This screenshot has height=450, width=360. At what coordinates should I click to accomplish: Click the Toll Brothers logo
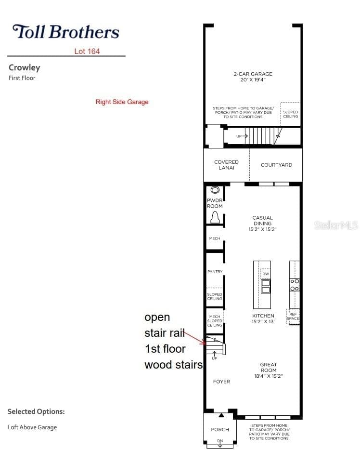[65, 32]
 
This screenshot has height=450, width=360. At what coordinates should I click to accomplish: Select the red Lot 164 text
[87, 52]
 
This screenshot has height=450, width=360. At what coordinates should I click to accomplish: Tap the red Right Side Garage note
[122, 102]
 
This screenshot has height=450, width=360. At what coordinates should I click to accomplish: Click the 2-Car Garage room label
[253, 74]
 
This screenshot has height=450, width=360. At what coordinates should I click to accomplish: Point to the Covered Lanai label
[226, 165]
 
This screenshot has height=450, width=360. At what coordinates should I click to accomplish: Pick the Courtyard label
[277, 165]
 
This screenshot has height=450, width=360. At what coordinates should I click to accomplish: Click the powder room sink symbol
[215, 190]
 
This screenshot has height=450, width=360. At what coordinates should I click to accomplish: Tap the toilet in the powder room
[215, 217]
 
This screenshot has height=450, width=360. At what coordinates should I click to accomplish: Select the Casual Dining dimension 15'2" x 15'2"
[263, 229]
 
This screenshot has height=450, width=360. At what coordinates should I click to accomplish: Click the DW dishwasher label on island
[266, 274]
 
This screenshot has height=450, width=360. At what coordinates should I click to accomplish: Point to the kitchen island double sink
[266, 286]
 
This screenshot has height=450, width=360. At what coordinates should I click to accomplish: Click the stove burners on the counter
[295, 285]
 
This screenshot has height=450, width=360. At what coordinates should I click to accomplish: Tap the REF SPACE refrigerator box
[293, 317]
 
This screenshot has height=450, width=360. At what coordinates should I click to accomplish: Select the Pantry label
[215, 271]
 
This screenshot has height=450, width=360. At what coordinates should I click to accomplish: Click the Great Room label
[269, 367]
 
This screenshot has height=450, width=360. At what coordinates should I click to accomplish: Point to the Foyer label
[221, 382]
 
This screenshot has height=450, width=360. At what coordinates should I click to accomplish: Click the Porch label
[220, 429]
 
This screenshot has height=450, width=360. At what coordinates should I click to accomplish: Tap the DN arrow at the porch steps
[220, 443]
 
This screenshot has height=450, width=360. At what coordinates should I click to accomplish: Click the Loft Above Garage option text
[32, 427]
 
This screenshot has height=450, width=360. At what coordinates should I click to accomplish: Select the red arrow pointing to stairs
[195, 338]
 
